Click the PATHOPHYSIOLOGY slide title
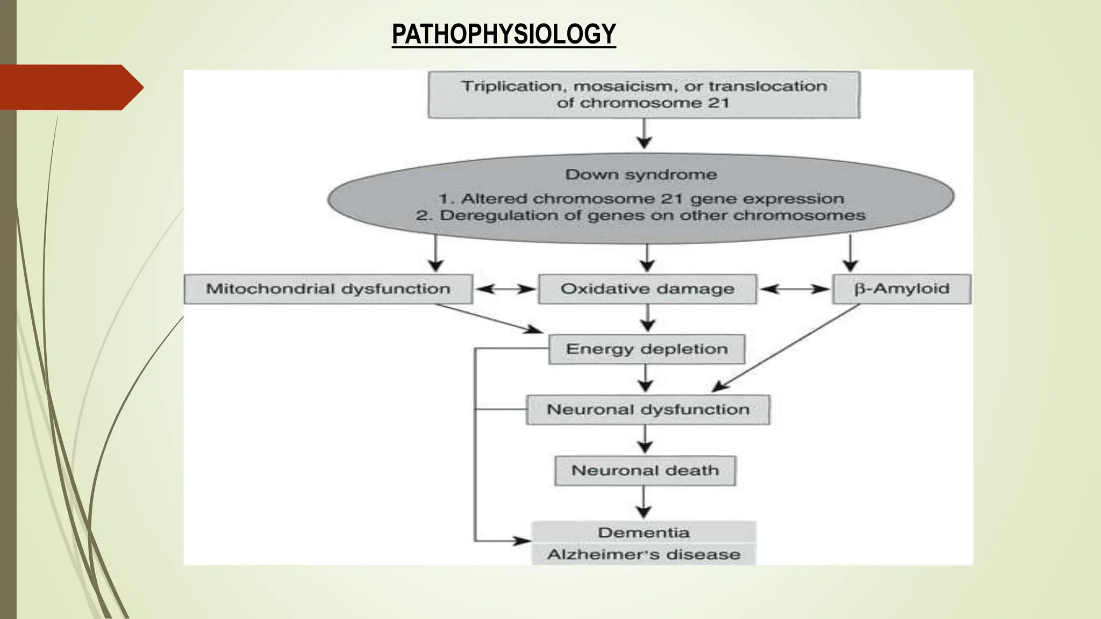pos(504,34)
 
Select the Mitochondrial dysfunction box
pos(328,289)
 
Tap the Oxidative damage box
pos(647,289)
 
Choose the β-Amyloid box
pos(902,289)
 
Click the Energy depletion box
pos(647,349)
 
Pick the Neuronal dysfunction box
pos(648,410)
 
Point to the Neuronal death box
pos(645,471)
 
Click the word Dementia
pos(644,532)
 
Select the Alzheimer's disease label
pos(644,555)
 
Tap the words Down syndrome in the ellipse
pos(641,175)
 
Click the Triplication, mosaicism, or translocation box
pos(644,95)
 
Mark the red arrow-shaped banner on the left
pos(70,87)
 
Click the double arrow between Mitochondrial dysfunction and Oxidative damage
pos(505,289)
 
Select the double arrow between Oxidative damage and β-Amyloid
pos(795,289)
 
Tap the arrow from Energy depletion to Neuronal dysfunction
pos(646,379)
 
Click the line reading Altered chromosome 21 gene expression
pos(641,199)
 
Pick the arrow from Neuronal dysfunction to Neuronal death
pos(645,440)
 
